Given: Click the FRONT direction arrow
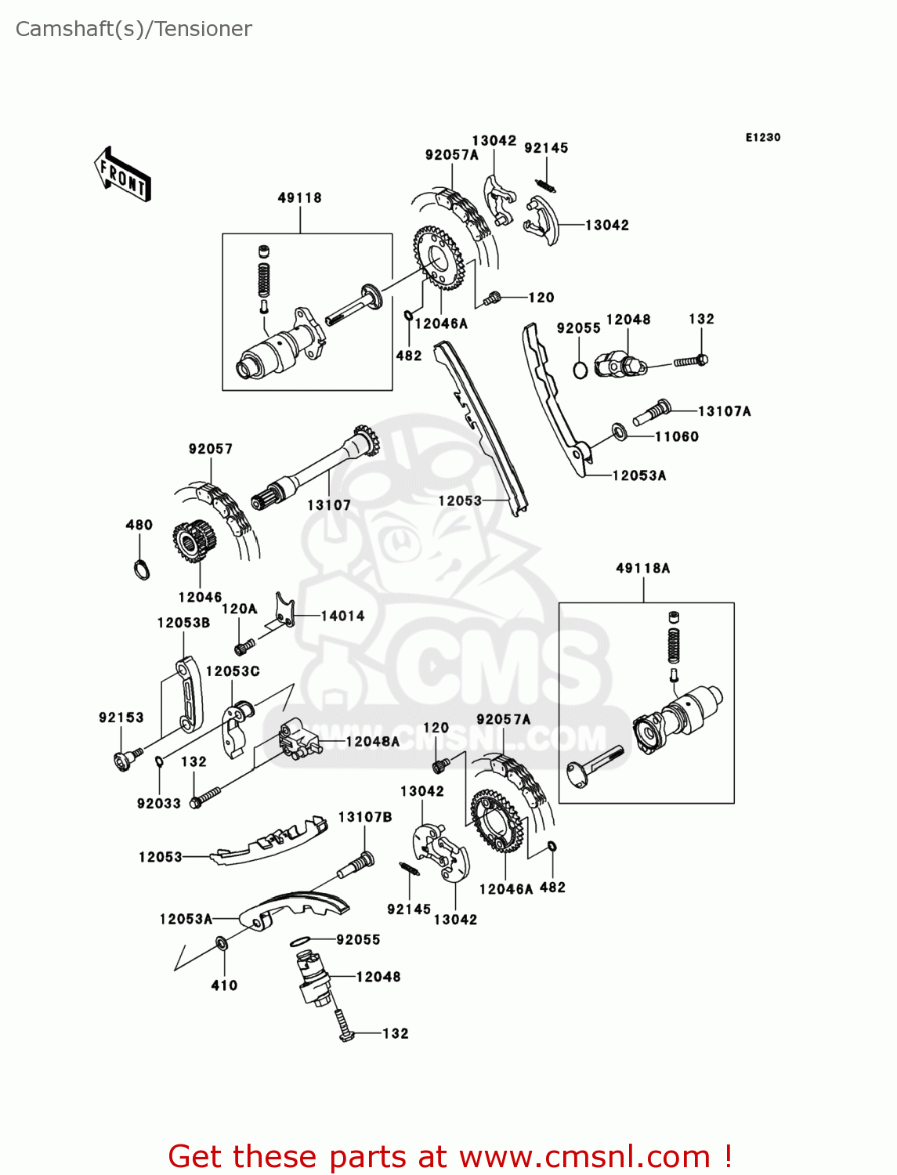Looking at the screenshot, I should click(x=122, y=175).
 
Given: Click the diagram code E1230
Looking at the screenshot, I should click(x=762, y=137).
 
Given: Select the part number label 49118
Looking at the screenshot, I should click(x=299, y=198).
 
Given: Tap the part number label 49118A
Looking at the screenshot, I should click(x=642, y=569).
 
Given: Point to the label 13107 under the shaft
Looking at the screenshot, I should click(x=329, y=505).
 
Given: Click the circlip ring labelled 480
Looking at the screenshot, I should click(x=140, y=569).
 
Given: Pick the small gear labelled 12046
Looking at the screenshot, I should click(x=193, y=541).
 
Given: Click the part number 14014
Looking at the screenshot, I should click(x=342, y=616).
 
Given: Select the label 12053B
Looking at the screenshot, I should click(x=183, y=623).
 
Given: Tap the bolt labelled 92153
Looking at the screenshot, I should click(x=125, y=759).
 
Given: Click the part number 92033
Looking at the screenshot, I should click(x=158, y=804).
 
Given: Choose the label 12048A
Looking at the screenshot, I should click(x=372, y=742).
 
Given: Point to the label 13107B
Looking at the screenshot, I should click(x=364, y=817).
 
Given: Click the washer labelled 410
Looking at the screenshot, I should click(x=222, y=945).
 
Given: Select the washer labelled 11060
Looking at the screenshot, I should click(x=620, y=432).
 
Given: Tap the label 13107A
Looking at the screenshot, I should click(x=724, y=411).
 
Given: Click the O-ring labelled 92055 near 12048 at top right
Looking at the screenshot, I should click(x=580, y=369).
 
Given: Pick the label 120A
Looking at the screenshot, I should click(x=239, y=609).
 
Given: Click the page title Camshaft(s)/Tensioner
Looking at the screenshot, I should click(x=133, y=29).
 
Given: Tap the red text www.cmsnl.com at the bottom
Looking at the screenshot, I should click(x=584, y=1157).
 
